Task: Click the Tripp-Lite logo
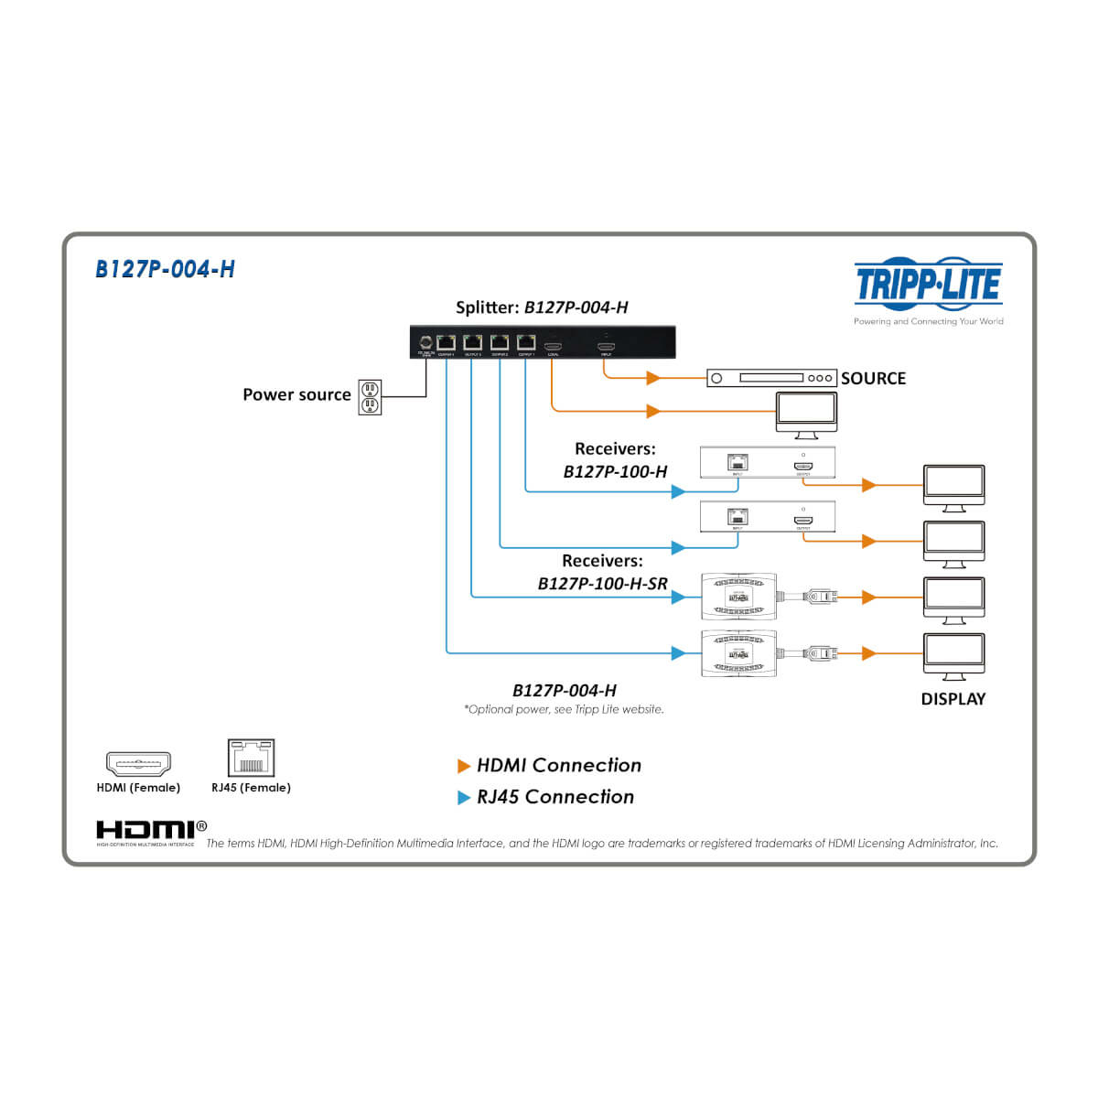point(928,284)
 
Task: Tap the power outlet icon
point(370,397)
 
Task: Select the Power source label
point(296,394)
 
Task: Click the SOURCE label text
point(873,378)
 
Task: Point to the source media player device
point(771,378)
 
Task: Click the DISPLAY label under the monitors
point(953,699)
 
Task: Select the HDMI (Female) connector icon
point(138,763)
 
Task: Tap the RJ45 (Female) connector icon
point(251,759)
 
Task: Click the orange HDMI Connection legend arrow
point(464,766)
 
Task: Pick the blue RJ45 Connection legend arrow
point(464,798)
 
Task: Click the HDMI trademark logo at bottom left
point(145,830)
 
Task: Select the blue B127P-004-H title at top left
point(165,269)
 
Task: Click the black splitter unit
point(542,342)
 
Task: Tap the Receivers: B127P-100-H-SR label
point(603,572)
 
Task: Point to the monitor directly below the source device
point(806,414)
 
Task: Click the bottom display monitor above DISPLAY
point(953,655)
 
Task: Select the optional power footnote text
point(564,709)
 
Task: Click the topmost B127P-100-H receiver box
point(768,462)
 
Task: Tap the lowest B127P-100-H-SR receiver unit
point(738,653)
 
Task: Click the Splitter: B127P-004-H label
point(542,307)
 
